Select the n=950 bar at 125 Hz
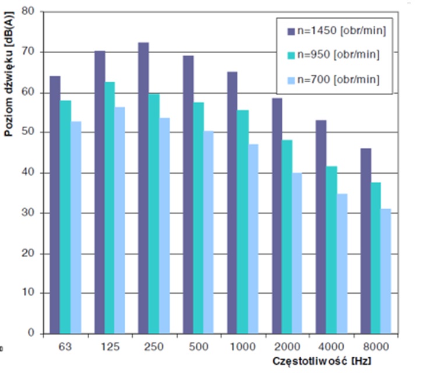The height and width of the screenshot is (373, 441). tap(110, 207)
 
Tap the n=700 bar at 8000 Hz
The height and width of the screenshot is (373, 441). tap(386, 271)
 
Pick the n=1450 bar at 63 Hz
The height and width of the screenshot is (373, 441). tap(55, 205)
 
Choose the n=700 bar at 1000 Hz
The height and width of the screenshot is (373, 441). tap(253, 238)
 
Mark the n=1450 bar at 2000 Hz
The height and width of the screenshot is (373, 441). tap(277, 216)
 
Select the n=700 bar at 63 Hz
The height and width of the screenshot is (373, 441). tap(76, 227)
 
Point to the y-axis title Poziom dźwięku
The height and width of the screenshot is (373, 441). tap(9, 93)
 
